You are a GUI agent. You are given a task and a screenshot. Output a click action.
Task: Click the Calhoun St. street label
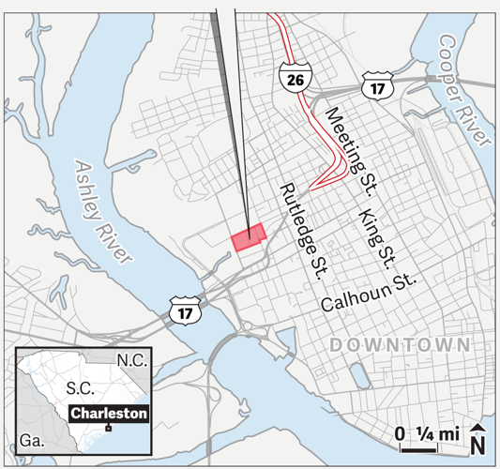click(367, 295)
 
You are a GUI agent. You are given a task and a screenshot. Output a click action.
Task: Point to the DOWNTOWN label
click(399, 345)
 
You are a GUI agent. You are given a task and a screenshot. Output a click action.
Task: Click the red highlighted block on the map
click(250, 238)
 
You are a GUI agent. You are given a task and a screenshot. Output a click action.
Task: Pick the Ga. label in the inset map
click(31, 439)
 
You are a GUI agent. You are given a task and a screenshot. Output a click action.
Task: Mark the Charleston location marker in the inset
click(110, 428)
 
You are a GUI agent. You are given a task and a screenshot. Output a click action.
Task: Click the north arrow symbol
click(477, 436)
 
